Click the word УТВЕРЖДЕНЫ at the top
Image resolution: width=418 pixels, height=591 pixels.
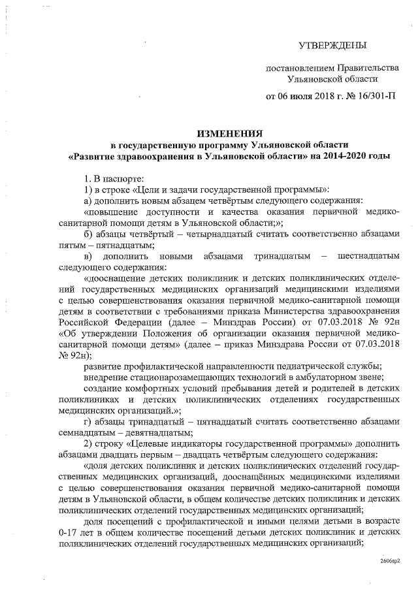pyautogui.click(x=332, y=45)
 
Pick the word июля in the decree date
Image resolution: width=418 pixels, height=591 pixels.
pyautogui.click(x=300, y=97)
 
